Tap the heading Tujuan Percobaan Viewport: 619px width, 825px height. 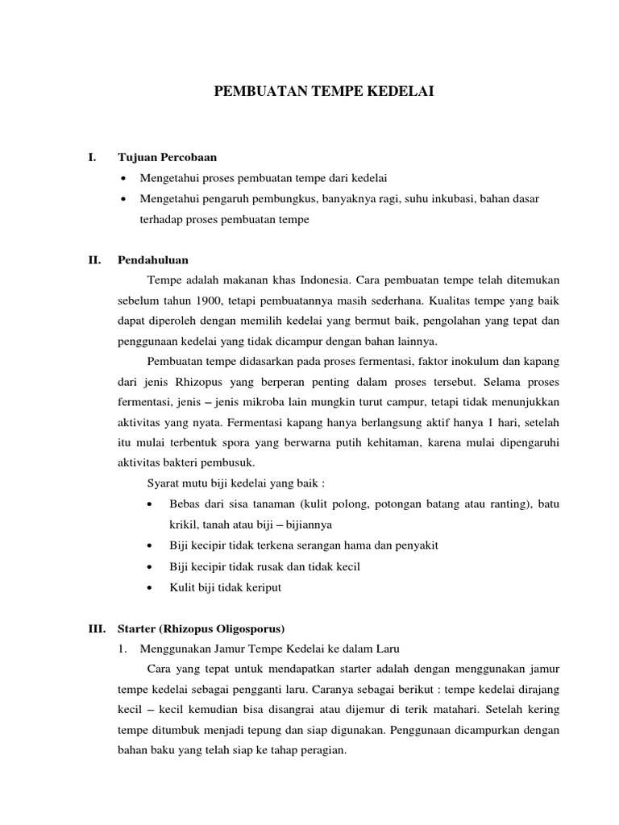click(168, 157)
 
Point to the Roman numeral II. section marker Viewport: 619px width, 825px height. click(94, 260)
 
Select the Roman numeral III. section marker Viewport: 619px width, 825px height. click(96, 628)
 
